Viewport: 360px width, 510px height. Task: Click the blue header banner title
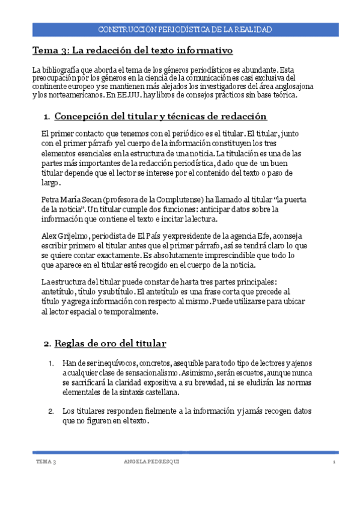(x=184, y=29)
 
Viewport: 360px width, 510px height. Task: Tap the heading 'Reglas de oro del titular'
(x=110, y=343)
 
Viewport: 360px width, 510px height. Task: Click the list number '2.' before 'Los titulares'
(x=51, y=411)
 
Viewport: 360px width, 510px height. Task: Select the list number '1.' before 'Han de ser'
(x=51, y=363)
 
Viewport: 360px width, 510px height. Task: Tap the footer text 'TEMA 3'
(x=46, y=461)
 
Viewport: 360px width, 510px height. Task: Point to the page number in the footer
(x=334, y=461)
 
